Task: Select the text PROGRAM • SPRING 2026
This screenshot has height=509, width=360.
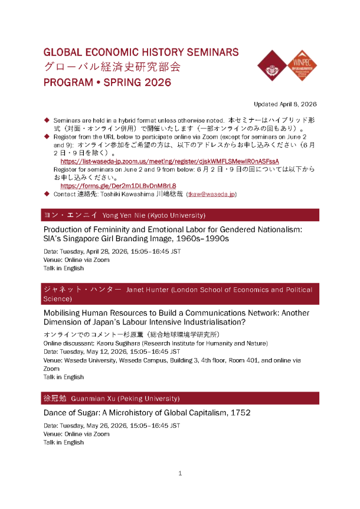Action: point(107,83)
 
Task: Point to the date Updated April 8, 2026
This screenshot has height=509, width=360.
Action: point(285,104)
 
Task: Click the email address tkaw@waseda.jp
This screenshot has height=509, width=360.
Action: point(211,193)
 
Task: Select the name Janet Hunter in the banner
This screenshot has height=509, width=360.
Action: point(150,290)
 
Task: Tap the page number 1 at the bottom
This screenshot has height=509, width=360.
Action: point(180,473)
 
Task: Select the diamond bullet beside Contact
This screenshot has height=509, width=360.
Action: point(47,193)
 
